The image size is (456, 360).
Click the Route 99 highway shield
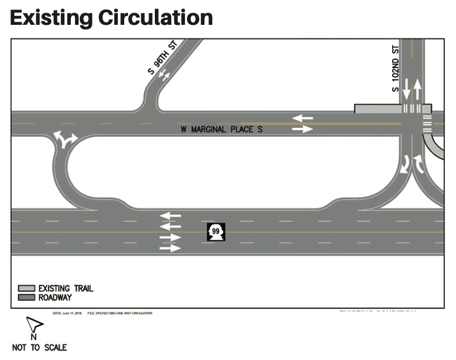point(216,232)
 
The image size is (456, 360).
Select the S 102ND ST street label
point(395,67)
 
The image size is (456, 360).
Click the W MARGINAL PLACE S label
point(221,130)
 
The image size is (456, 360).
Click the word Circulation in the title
point(155,17)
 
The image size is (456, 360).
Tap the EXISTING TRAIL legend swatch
point(26,288)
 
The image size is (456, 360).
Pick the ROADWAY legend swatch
point(26,298)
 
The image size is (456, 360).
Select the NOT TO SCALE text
point(39,347)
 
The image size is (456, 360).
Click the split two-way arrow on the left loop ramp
point(65,139)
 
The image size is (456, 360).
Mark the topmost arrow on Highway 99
point(170,215)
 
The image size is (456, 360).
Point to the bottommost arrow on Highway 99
point(170,247)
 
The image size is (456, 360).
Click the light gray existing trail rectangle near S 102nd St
point(377,108)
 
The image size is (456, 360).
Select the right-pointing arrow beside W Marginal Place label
point(302,129)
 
